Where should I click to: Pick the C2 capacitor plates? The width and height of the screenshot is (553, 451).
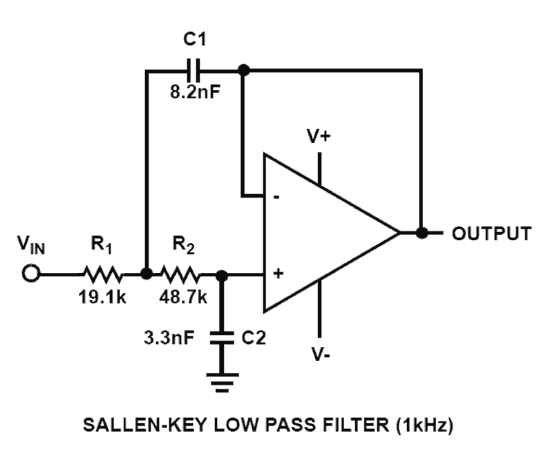click(221, 337)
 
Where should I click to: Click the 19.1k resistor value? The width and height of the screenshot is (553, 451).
click(102, 298)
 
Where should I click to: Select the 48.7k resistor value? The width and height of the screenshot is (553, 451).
click(183, 298)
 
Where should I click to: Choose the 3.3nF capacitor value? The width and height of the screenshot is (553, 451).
click(169, 338)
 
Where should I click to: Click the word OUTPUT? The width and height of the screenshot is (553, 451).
click(492, 233)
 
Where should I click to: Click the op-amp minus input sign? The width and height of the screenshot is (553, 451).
click(276, 198)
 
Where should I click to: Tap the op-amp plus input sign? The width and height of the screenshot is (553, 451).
click(278, 274)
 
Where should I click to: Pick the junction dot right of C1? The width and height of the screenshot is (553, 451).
click(243, 70)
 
